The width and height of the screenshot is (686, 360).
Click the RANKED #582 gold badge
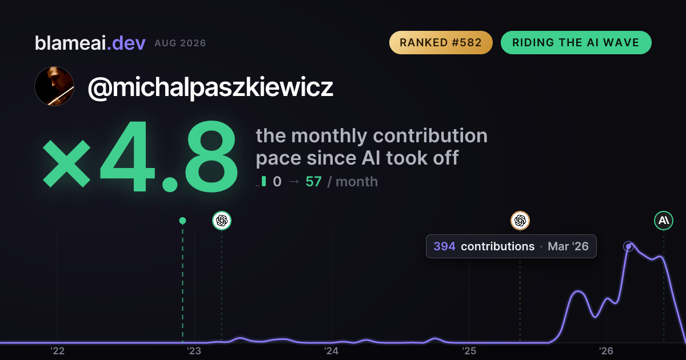[441, 42]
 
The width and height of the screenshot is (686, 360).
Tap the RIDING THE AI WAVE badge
[576, 42]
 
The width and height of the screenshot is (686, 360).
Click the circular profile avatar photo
[54, 86]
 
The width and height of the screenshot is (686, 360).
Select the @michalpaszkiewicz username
[210, 87]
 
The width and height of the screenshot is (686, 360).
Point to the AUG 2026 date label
[180, 43]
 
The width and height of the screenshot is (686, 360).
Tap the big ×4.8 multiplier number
[140, 156]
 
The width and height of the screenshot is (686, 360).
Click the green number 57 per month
[314, 182]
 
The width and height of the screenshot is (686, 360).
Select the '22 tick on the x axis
[58, 351]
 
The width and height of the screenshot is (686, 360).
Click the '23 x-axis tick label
[194, 351]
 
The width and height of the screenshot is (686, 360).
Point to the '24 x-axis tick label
[332, 351]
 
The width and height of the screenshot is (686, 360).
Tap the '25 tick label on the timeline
[469, 351]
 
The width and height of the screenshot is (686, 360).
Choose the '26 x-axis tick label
[606, 351]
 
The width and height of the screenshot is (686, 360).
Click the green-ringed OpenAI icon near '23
[222, 221]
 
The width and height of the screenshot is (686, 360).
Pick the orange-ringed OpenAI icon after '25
[520, 221]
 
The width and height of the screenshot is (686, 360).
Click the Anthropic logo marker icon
[664, 221]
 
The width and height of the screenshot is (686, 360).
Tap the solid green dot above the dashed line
[182, 221]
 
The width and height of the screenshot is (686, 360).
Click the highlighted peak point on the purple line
[628, 246]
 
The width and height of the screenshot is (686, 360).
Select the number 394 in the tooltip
[444, 246]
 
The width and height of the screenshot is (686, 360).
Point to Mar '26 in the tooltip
[568, 246]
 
